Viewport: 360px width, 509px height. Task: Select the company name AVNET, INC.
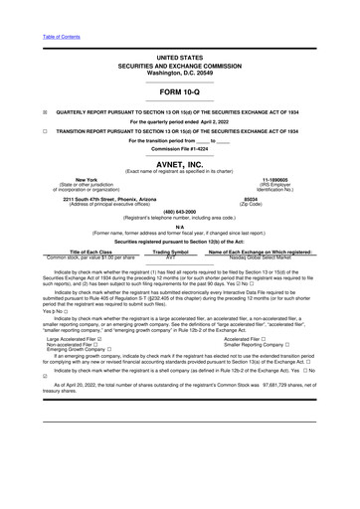180,163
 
